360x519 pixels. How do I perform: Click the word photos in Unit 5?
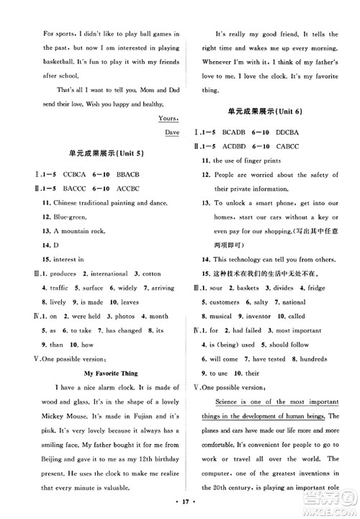tap(120, 315)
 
